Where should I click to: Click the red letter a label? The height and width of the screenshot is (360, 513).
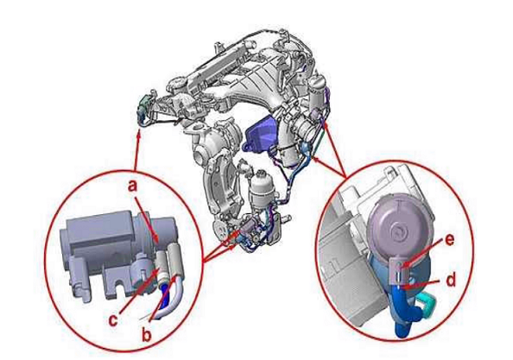(132, 186)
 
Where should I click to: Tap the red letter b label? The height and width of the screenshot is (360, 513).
(146, 334)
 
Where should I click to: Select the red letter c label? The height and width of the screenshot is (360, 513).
(113, 320)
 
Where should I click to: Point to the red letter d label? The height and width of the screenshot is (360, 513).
(451, 281)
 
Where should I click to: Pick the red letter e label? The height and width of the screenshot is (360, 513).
(450, 240)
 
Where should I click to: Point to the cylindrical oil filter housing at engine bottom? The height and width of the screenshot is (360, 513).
(261, 189)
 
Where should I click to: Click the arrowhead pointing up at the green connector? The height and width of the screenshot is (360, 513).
(139, 132)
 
